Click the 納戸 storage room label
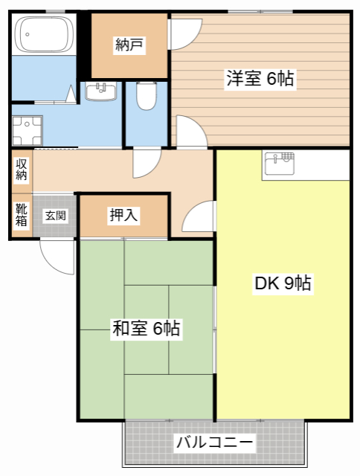coord(129,45)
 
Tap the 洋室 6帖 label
coord(260,78)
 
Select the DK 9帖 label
coord(283,283)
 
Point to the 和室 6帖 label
coord(147,328)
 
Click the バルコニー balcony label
coord(215,442)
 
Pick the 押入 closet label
coord(123,215)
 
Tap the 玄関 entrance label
coord(56,216)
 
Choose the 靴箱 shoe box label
coord(22,215)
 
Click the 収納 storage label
coord(22,170)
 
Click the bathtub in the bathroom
coord(44,34)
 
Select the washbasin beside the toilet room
coord(100,91)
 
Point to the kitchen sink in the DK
coord(280,164)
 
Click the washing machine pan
coord(27,131)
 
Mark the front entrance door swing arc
coord(57,257)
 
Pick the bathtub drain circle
coord(28,34)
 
